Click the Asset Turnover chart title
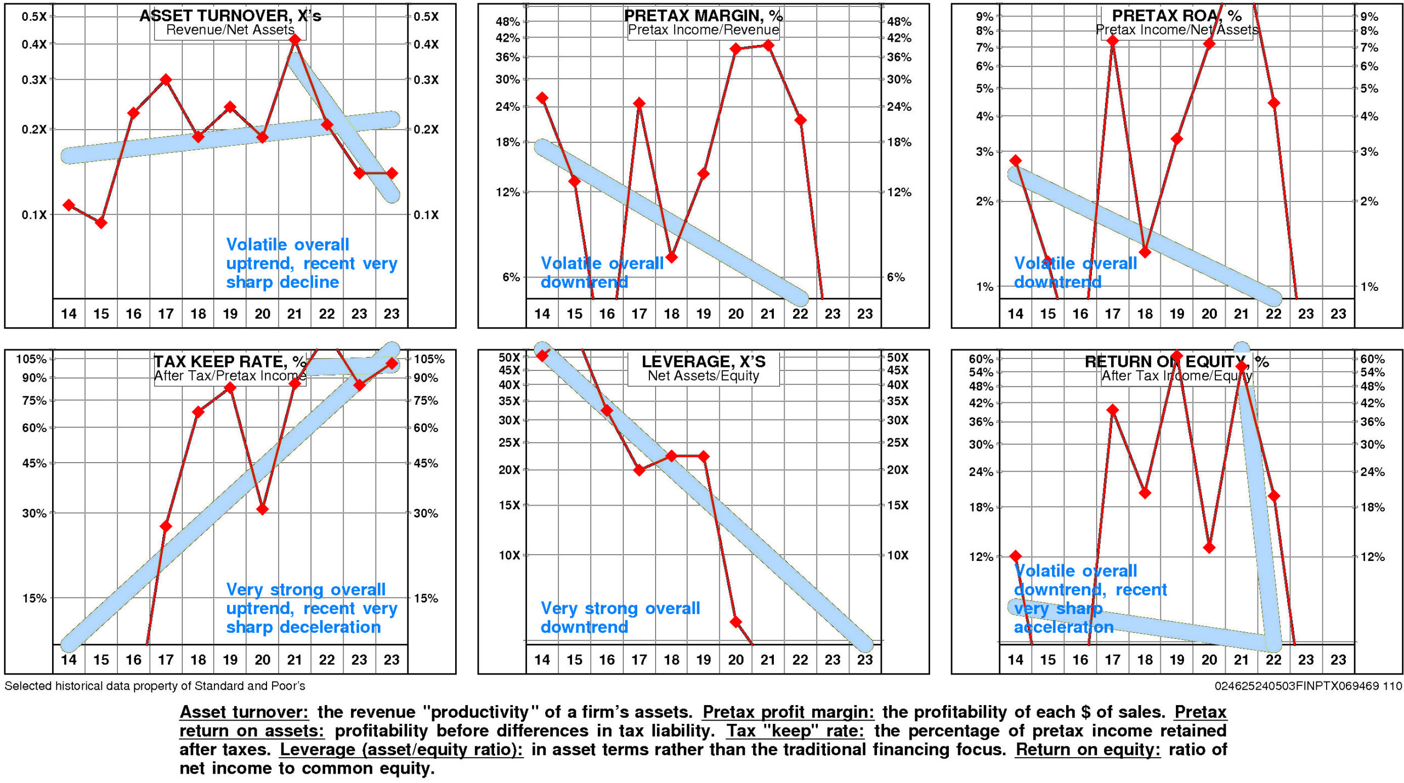[x=230, y=16]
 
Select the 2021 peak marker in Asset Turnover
[x=295, y=39]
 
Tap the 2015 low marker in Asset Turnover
[x=101, y=223]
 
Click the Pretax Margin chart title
[x=703, y=16]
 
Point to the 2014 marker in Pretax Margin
[x=542, y=98]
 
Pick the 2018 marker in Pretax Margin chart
[x=671, y=257]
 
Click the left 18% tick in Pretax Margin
[x=508, y=143]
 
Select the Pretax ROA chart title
[x=1177, y=16]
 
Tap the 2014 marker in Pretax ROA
[x=1016, y=161]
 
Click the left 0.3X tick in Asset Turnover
[x=34, y=80]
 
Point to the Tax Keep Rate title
[x=230, y=362]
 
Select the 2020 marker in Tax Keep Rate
[x=262, y=509]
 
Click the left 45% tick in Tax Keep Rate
[x=34, y=463]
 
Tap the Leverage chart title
[x=703, y=362]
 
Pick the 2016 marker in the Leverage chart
[x=607, y=411]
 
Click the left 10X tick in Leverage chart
[x=509, y=555]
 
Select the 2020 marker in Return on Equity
[x=1209, y=547]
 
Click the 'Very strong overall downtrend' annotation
[x=620, y=617]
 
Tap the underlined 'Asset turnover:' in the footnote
[x=244, y=712]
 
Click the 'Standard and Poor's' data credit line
[x=155, y=686]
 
